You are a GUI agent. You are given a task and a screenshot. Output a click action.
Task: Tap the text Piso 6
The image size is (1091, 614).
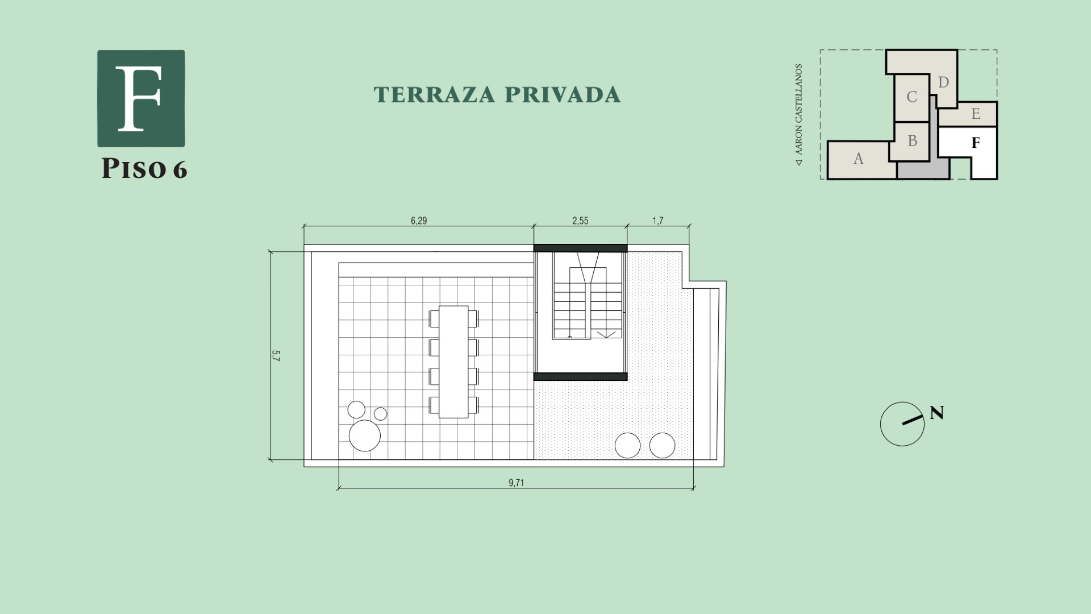click(x=144, y=168)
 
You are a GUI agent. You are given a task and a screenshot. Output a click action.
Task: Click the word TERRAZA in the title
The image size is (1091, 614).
click(x=434, y=95)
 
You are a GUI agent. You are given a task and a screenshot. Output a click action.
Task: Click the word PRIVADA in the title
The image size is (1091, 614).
click(x=563, y=95)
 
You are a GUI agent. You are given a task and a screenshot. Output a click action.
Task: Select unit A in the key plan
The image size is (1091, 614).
click(x=858, y=159)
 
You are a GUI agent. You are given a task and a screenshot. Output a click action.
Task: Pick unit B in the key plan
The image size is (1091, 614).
click(x=912, y=141)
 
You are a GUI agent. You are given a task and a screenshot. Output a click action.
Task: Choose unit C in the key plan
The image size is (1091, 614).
click(x=911, y=97)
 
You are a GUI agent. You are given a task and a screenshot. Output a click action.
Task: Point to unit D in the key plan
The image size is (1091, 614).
click(x=943, y=83)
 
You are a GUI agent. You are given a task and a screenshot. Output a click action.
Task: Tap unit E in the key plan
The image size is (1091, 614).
click(x=976, y=114)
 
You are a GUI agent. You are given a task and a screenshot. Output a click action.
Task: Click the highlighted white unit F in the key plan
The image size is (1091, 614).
click(x=975, y=143)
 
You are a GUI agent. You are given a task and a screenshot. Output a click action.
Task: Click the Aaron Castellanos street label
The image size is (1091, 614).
click(x=799, y=114)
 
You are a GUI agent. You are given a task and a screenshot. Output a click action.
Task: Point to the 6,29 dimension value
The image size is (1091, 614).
click(x=419, y=221)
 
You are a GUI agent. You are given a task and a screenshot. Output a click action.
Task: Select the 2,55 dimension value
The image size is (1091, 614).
click(x=580, y=221)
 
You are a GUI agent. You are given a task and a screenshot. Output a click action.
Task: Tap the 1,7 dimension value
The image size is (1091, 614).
click(x=658, y=221)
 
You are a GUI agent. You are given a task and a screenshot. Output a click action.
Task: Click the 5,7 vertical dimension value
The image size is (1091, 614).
click(x=276, y=356)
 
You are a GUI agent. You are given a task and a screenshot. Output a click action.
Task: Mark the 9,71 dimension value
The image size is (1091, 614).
click(x=516, y=483)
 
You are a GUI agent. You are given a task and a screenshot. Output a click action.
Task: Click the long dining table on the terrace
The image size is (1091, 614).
click(x=453, y=362)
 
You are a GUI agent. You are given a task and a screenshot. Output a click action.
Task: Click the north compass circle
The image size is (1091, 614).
click(x=902, y=424)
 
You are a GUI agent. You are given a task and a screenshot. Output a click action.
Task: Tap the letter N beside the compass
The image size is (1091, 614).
click(x=937, y=413)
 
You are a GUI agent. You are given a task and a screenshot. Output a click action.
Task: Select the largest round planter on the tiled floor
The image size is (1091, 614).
click(x=365, y=436)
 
